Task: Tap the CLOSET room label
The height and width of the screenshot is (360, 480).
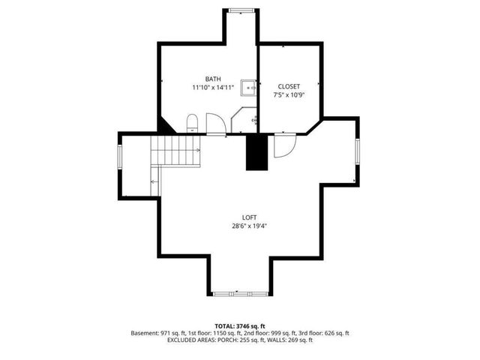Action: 288,86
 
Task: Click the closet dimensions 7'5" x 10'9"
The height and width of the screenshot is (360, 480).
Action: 288,95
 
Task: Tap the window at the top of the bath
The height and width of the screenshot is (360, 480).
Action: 240,10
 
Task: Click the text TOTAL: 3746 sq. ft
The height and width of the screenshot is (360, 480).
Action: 239,326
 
